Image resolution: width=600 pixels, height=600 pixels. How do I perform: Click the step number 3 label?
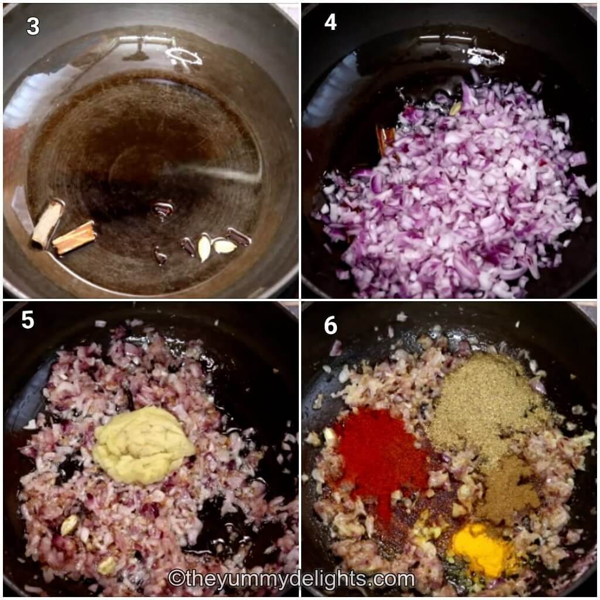pos(33,26)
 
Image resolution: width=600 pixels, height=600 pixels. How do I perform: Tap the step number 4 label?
pos(330,22)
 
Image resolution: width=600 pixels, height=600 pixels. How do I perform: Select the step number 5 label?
pos(28,321)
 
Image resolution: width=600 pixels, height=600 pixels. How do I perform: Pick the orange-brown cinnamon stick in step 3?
pos(74,236)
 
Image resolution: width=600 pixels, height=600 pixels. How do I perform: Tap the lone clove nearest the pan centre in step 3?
pos(162,208)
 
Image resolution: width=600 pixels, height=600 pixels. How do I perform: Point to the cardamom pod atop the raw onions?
pos(455,108)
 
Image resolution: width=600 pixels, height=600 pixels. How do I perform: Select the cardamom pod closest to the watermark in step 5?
pos(107,565)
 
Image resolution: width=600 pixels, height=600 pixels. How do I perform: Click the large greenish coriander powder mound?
pos(489,404)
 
